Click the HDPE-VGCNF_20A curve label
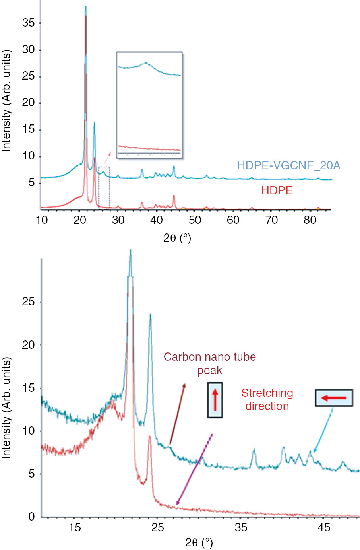coord(288,165)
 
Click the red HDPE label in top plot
coord(277,190)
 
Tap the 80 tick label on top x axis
coord(310,220)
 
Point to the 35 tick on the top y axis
coord(28,23)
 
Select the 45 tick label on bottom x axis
coord(324,527)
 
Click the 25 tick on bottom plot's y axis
coord(28,302)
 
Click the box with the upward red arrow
coord(215,400)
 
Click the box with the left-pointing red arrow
coord(334,398)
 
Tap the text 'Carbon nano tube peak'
coord(210,363)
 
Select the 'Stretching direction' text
coord(267,399)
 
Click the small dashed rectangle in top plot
coord(104,186)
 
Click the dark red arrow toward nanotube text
coord(177,414)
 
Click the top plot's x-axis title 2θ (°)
coord(177,238)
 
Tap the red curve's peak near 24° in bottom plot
coord(149,436)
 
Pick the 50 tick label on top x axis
coord(195,220)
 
